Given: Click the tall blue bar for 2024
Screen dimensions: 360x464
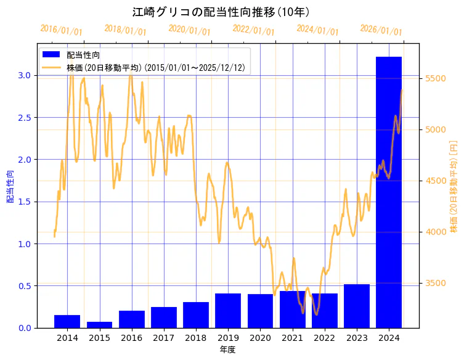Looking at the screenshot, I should click(x=388, y=191).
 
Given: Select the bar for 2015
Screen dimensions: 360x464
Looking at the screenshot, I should click(x=99, y=324).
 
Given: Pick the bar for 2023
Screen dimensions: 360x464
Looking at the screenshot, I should click(x=356, y=306).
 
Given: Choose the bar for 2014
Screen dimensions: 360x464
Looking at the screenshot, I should click(x=67, y=321).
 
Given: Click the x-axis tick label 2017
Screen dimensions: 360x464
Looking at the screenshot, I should click(x=163, y=338).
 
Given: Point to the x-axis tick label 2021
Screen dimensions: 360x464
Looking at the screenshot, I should click(x=292, y=338).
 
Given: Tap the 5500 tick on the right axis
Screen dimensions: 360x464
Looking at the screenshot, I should click(x=436, y=78).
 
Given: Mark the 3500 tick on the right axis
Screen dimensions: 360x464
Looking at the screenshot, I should click(x=436, y=283).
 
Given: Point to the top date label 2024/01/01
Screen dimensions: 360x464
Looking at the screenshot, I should click(x=317, y=30).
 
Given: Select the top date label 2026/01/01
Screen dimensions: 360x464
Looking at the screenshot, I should click(x=381, y=30).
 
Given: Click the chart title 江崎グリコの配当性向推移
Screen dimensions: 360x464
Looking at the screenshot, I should click(x=221, y=12).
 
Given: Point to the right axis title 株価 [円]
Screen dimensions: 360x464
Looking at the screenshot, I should click(x=454, y=185).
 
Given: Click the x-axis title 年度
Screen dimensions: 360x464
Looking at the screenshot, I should click(x=227, y=350).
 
